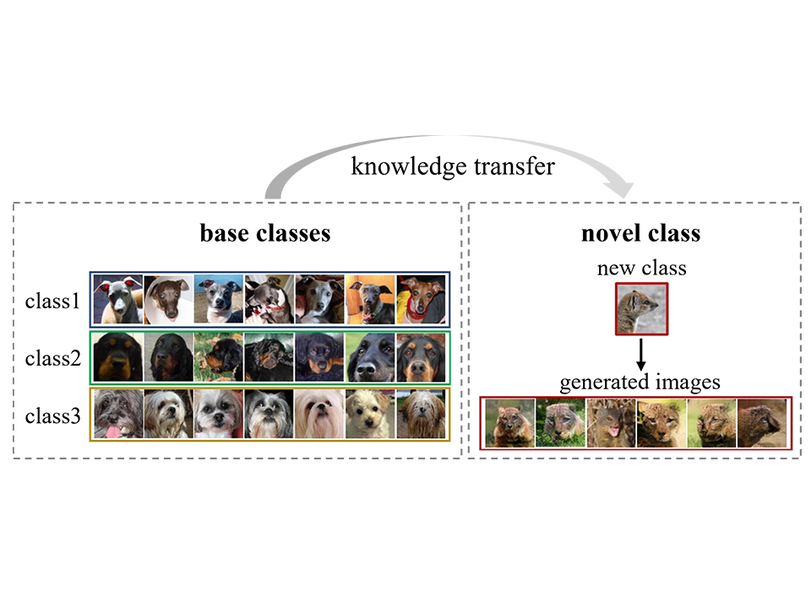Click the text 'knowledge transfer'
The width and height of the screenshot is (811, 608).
[453, 166]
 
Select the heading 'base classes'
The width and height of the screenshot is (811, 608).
[265, 233]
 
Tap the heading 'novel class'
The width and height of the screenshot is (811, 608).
[641, 233]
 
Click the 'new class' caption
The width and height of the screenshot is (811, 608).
[641, 269]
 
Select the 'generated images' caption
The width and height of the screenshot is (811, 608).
[640, 382]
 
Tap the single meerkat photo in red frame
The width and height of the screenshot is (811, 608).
[641, 309]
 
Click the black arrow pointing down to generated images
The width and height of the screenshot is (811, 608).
[641, 353]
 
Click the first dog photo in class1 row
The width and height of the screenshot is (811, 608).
[117, 299]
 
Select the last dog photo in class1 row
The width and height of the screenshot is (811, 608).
[421, 299]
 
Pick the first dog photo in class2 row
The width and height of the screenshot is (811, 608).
[117, 356]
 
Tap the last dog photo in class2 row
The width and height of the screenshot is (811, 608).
[421, 356]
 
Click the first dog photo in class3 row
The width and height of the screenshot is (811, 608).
[117, 414]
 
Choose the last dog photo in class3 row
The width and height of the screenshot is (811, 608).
[421, 414]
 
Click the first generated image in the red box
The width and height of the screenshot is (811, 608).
[509, 423]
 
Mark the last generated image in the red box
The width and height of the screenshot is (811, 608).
[762, 423]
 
